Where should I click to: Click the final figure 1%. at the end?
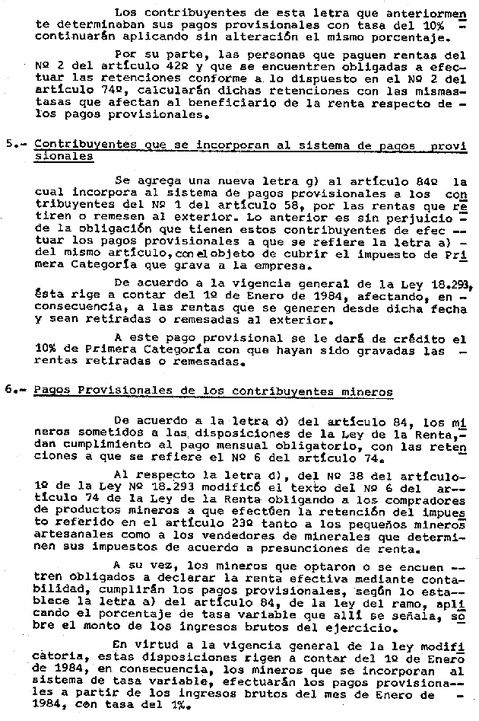pyautogui.click(x=174, y=707)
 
